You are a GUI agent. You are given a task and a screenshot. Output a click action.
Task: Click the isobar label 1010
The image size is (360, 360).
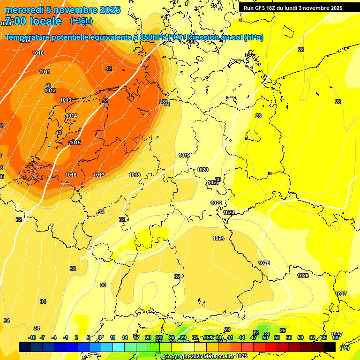coord(38,53)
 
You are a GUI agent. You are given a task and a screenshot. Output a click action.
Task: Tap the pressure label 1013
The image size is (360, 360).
coord(66,100)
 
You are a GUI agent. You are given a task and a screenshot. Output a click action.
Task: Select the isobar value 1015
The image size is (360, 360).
coord(75,142)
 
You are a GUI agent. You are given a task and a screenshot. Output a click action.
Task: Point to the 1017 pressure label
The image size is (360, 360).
coord(98,175)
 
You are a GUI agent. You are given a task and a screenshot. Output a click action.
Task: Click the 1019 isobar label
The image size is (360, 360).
coord(184,155)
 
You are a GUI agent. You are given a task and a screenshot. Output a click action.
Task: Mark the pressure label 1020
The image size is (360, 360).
coord(202,170)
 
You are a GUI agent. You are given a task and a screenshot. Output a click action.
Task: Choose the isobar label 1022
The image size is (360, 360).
coord(216,203)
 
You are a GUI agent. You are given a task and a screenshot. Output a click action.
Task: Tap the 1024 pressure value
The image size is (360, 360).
coord(218,238)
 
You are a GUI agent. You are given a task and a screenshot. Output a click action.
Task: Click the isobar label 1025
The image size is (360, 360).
coord(264,263)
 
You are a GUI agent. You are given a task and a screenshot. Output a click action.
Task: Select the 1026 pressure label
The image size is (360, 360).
coord(303,276)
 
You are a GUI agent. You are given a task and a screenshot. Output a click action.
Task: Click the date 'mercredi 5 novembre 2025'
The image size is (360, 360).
coord(62,10)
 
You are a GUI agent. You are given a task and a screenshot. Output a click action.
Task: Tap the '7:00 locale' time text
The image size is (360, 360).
coord(32,21)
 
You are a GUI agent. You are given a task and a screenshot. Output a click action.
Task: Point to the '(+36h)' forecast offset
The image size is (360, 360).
coord(81,21)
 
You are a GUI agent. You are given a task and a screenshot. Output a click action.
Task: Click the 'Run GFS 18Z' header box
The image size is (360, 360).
coord(293,8)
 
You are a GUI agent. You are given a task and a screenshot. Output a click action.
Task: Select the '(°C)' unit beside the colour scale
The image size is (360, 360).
coord(344,347)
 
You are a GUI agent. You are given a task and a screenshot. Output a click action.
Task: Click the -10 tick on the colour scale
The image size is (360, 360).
coord(32,337)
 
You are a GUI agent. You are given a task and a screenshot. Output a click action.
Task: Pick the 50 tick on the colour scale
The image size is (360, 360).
coord(265,337)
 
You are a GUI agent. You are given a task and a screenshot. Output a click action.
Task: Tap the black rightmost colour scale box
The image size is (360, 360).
coord(330,347)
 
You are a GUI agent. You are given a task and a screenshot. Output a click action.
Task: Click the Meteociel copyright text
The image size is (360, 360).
coord(205,356)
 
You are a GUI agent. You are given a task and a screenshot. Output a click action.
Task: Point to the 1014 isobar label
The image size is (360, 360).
coord(71,116)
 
